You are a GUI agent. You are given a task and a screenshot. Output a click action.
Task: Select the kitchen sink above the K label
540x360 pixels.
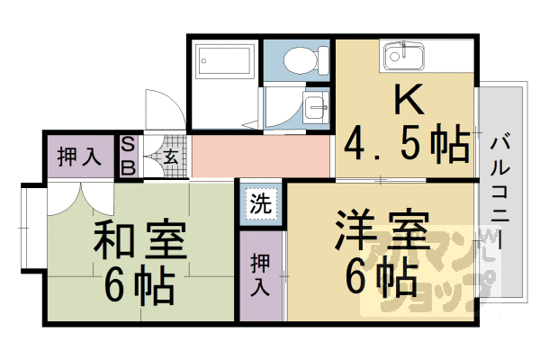402,58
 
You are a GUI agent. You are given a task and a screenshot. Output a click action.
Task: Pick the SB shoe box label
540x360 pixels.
128,156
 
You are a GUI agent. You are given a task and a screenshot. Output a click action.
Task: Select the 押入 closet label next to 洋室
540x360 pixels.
260,274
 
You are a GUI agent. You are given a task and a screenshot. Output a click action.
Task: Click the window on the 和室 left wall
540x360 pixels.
27,229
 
